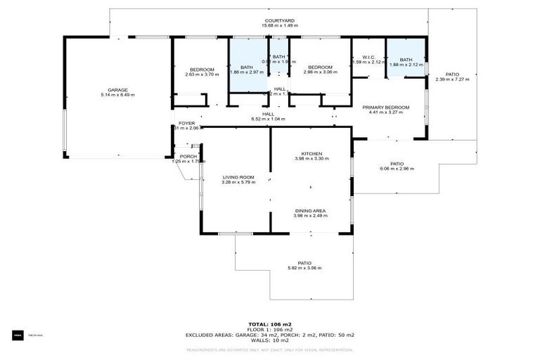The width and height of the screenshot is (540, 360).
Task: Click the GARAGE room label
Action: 117,89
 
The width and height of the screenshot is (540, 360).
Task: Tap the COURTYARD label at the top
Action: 279,21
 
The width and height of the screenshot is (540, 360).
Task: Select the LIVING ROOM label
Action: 238,176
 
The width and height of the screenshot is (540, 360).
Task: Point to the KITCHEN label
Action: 311,153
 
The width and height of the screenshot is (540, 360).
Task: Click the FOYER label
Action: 186,123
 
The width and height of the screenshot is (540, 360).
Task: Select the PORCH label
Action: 188,156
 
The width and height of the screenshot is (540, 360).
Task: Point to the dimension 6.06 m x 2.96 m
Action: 397,169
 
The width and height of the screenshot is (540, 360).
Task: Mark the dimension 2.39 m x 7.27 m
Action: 452,79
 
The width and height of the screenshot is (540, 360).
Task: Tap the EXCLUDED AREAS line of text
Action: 269,335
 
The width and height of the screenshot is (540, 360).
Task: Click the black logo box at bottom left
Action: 18,335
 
